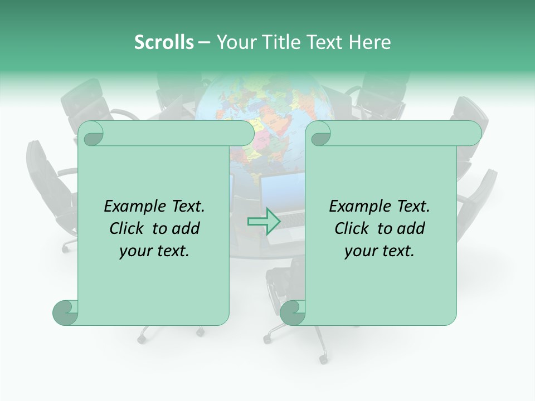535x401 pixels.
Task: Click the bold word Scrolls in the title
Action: (164, 42)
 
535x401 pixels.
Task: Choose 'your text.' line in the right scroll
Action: (380, 251)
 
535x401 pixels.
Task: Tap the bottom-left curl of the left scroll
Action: (65, 312)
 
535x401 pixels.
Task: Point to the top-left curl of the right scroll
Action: (319, 134)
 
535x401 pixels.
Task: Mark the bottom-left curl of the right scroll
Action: (293, 312)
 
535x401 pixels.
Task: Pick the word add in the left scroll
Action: (186, 228)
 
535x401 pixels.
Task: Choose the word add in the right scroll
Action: (411, 228)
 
